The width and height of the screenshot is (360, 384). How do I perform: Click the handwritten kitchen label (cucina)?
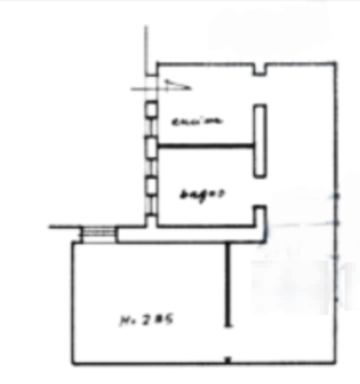198,121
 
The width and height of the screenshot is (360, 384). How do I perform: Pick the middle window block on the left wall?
150,146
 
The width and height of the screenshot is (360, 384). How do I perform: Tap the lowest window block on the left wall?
150,186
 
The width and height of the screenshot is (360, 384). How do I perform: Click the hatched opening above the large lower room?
98,233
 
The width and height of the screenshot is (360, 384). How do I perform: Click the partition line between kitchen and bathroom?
205,146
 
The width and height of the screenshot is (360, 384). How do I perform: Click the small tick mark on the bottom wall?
227,359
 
